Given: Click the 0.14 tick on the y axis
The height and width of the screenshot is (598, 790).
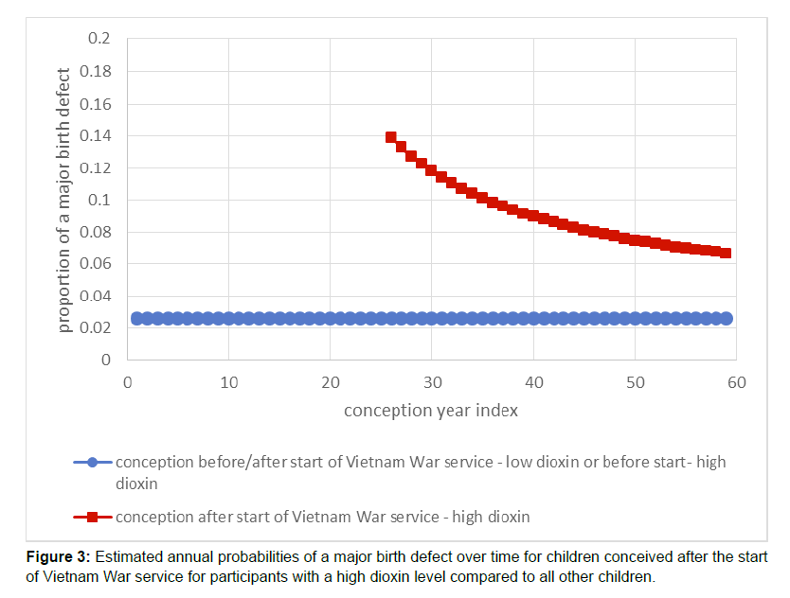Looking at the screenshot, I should click(x=98, y=136).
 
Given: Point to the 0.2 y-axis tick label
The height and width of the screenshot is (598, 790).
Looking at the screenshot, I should click(x=100, y=40).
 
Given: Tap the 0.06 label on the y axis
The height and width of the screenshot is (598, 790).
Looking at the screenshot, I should click(x=98, y=264).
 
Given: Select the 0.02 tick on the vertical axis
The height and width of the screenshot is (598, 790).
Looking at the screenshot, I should click(x=98, y=328).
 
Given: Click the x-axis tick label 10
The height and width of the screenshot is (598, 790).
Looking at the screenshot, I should click(x=228, y=382).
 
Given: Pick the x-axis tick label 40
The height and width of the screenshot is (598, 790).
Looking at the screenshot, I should click(x=533, y=382).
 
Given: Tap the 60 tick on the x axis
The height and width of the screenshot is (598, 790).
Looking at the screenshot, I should click(x=736, y=382).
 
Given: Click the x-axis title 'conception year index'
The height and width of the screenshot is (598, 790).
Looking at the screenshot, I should click(x=431, y=411).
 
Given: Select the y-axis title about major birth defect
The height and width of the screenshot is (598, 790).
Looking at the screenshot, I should click(x=64, y=200).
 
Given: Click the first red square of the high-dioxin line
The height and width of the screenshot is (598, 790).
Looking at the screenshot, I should click(x=391, y=137).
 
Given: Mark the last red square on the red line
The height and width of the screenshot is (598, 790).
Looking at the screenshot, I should click(x=726, y=253).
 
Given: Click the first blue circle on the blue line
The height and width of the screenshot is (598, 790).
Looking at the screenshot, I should click(x=137, y=319).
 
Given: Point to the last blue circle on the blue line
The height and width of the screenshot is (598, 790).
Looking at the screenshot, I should click(x=727, y=319).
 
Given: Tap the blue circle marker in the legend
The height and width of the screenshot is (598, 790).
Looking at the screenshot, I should click(x=92, y=463).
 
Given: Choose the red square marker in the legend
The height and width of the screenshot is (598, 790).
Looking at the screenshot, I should click(x=92, y=517).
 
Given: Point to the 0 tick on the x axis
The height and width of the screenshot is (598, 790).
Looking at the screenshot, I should click(x=128, y=382).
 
